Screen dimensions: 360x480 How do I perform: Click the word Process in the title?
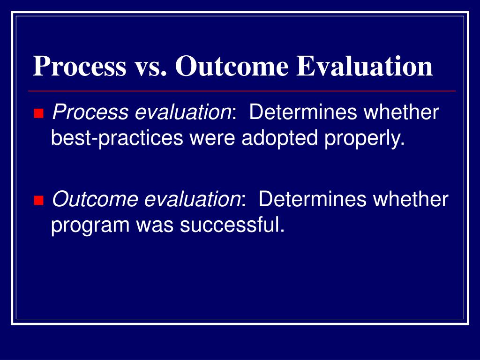pos(79,66)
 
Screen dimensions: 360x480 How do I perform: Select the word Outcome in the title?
pos(232,66)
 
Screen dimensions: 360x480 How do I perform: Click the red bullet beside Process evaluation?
pos(38,113)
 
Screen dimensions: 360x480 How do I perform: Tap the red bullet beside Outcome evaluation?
pos(38,201)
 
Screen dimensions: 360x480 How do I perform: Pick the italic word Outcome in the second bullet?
pos(95,200)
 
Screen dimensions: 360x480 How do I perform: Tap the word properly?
pos(363,138)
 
